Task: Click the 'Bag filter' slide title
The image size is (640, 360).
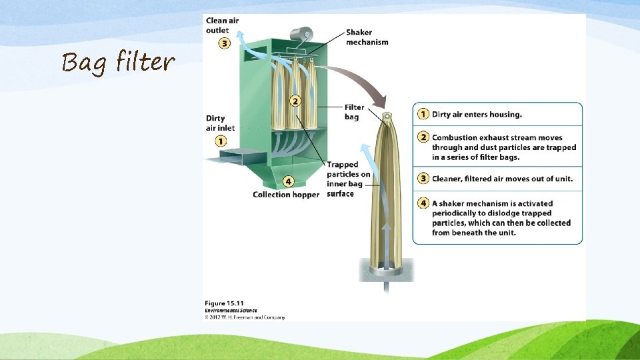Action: [118, 63]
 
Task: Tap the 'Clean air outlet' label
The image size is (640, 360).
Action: [222, 25]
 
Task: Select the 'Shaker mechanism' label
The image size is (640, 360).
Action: [367, 37]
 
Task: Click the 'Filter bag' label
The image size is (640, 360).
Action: [354, 112]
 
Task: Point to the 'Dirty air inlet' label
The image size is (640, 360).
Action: [220, 123]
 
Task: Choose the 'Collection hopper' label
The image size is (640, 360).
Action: [286, 195]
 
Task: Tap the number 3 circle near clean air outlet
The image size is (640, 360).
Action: [225, 43]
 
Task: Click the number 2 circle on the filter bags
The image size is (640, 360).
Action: [295, 101]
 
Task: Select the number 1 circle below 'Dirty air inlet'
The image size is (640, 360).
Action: [221, 141]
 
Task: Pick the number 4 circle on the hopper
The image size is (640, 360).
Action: [288, 181]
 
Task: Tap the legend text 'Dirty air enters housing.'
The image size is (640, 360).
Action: [477, 115]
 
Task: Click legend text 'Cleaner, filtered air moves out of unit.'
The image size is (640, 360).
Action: [502, 179]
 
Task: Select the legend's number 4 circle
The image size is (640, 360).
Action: [423, 203]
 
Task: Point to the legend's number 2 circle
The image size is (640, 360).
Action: [423, 137]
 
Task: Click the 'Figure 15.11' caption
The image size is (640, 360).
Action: [225, 303]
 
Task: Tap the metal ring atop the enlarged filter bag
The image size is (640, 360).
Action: [386, 118]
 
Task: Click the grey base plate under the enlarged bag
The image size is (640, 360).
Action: [385, 269]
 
